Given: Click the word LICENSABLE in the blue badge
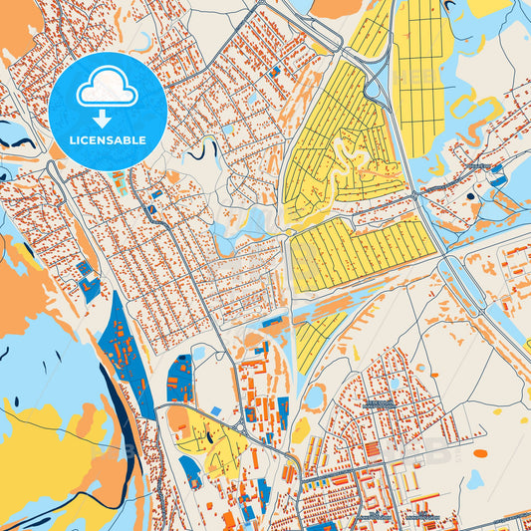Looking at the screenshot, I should (107, 141).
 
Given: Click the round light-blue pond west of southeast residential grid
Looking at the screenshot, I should (314, 397).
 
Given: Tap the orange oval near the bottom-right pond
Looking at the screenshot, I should (480, 453).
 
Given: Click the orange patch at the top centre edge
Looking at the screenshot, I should (336, 8).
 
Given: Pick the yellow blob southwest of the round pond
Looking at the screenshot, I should (300, 429).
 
